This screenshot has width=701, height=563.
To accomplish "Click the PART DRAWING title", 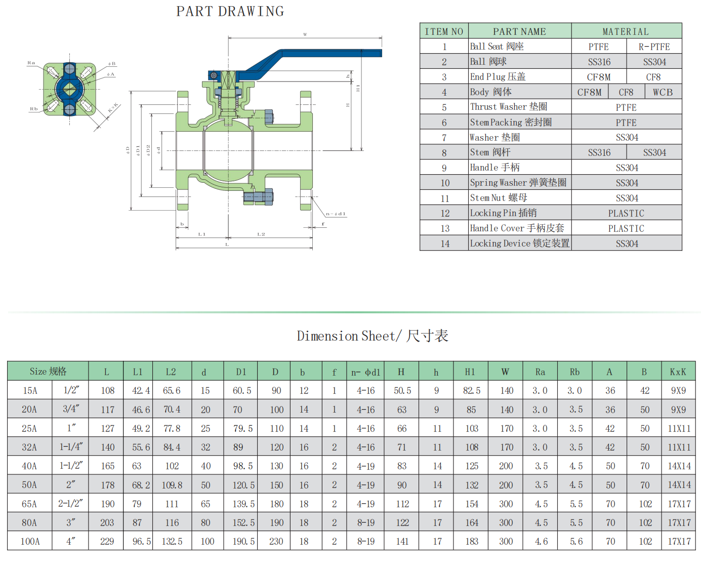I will tap(230, 12).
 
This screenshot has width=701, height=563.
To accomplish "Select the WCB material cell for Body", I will tap(663, 92).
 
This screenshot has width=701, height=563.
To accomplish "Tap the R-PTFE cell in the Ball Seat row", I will tap(654, 47).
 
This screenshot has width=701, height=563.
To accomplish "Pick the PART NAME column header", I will tap(519, 31).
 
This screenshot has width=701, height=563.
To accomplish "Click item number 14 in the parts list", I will tap(444, 244).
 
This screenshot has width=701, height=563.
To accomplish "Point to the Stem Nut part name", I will tap(498, 198).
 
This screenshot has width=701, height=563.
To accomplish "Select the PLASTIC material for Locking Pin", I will tap(626, 213).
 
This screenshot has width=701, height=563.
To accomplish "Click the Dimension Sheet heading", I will tap(373, 336).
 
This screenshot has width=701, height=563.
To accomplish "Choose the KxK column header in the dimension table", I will tap(678, 372).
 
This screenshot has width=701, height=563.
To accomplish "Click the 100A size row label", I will tap(30, 541).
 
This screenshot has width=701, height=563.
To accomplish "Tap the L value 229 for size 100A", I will tap(107, 541).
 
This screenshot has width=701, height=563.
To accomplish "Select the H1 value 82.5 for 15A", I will tap(471, 390).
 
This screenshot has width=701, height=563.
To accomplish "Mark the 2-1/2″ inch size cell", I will tap(70, 504).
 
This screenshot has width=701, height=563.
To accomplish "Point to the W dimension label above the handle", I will tap(305, 34).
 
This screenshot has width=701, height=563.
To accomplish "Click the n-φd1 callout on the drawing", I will tap(336, 214).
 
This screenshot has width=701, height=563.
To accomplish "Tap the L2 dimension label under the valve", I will tap(261, 234).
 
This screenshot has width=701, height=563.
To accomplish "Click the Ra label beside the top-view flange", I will tap(31, 63).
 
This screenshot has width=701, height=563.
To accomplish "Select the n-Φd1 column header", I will tap(365, 372).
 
